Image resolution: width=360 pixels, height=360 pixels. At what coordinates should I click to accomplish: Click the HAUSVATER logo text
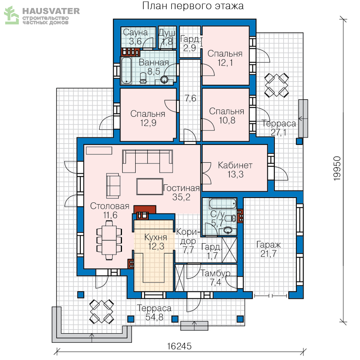[x=51, y=11]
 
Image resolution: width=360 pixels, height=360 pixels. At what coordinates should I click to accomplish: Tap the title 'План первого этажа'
[x=193, y=6]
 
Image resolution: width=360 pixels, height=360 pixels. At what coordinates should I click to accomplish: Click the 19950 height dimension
[x=337, y=168]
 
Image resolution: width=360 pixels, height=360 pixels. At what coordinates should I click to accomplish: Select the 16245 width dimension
[x=179, y=346]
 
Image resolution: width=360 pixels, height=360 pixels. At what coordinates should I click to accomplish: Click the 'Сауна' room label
[x=135, y=32]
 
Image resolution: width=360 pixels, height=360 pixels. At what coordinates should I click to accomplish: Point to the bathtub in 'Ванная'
[x=126, y=70]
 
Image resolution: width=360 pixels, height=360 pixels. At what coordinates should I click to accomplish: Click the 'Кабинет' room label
[x=235, y=165]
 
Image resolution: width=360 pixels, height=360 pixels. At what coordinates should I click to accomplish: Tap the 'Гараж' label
[x=268, y=245]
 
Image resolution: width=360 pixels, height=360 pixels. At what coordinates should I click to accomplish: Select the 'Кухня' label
[x=156, y=237]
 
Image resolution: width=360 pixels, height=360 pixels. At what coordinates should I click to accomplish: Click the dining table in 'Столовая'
[x=109, y=240]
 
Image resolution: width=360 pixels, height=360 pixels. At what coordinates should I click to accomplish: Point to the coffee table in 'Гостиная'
[x=150, y=186]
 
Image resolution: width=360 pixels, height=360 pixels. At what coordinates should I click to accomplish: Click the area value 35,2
[x=181, y=197]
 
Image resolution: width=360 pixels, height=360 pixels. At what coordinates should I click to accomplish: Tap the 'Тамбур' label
[x=215, y=273]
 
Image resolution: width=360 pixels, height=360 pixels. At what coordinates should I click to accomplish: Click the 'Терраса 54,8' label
[x=154, y=313]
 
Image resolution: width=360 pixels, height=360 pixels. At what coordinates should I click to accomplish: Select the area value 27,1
[x=278, y=132]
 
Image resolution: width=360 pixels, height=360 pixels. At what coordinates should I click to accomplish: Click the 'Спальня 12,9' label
[x=148, y=118]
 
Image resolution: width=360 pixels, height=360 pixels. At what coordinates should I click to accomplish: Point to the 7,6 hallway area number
[x=190, y=98]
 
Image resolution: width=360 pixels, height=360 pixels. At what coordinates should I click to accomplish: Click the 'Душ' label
[x=167, y=33]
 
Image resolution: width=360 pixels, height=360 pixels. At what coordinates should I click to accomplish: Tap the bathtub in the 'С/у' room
[x=222, y=204]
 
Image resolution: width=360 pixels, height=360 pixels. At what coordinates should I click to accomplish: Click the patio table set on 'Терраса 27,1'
[x=276, y=85]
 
